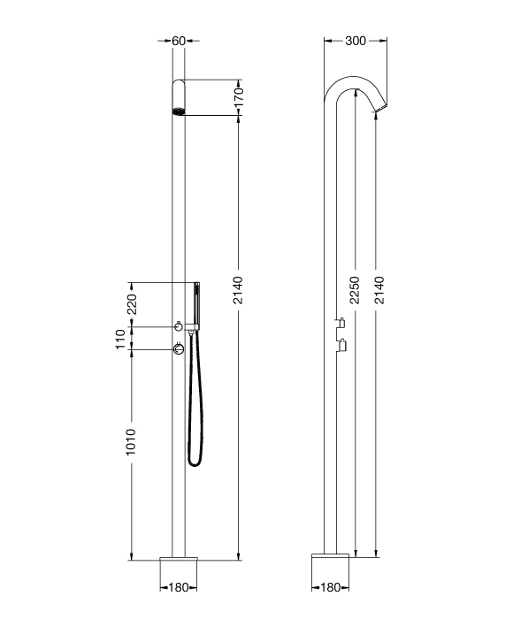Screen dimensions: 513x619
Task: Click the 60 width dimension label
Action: point(179,41)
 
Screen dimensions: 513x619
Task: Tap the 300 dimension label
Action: point(356,41)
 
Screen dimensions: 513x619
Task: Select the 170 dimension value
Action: point(239,97)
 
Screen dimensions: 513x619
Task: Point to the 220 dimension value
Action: point(131,304)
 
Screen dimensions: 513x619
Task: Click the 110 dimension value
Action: point(120,339)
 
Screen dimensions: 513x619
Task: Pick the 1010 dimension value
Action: point(131,442)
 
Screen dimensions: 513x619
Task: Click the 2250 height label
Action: point(355,290)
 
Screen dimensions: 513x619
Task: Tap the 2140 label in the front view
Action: point(238,290)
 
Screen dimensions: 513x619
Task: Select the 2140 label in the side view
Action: point(379,290)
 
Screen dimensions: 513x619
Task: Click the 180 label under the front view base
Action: point(179,587)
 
